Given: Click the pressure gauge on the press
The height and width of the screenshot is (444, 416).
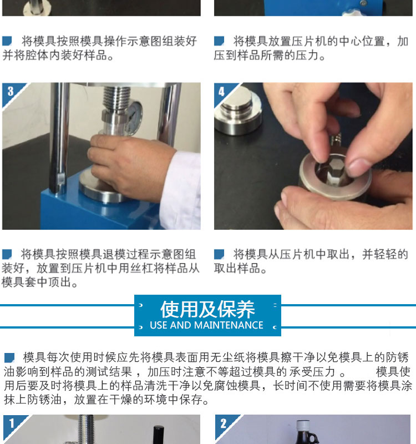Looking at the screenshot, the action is [x=133, y=117].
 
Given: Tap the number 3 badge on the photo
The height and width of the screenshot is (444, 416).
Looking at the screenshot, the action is [x=11, y=92].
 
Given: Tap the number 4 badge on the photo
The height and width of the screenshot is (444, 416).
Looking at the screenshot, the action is [x=222, y=92].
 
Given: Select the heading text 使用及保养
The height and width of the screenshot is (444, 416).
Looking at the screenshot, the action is [x=207, y=310].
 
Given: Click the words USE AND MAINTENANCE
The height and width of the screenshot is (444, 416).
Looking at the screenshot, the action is [x=206, y=325].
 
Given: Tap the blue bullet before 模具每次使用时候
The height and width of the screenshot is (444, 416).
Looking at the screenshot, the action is [x=9, y=357].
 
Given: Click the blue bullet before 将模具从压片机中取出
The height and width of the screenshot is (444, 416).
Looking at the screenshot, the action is [x=219, y=254].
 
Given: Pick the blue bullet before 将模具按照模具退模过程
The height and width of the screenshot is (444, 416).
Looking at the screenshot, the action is [x=7, y=254].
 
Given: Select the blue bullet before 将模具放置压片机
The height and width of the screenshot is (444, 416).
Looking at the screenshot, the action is [x=219, y=41].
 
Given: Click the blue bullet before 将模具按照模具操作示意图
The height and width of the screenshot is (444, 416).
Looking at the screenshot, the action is [x=7, y=41].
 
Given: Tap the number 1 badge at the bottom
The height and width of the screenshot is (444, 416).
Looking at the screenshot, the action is [x=12, y=423].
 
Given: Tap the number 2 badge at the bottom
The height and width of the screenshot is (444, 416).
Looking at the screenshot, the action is [x=224, y=423].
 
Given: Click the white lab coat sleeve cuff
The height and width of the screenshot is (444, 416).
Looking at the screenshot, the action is [x=181, y=189].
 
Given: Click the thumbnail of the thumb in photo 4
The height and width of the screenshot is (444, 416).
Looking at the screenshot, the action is [x=358, y=168].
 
